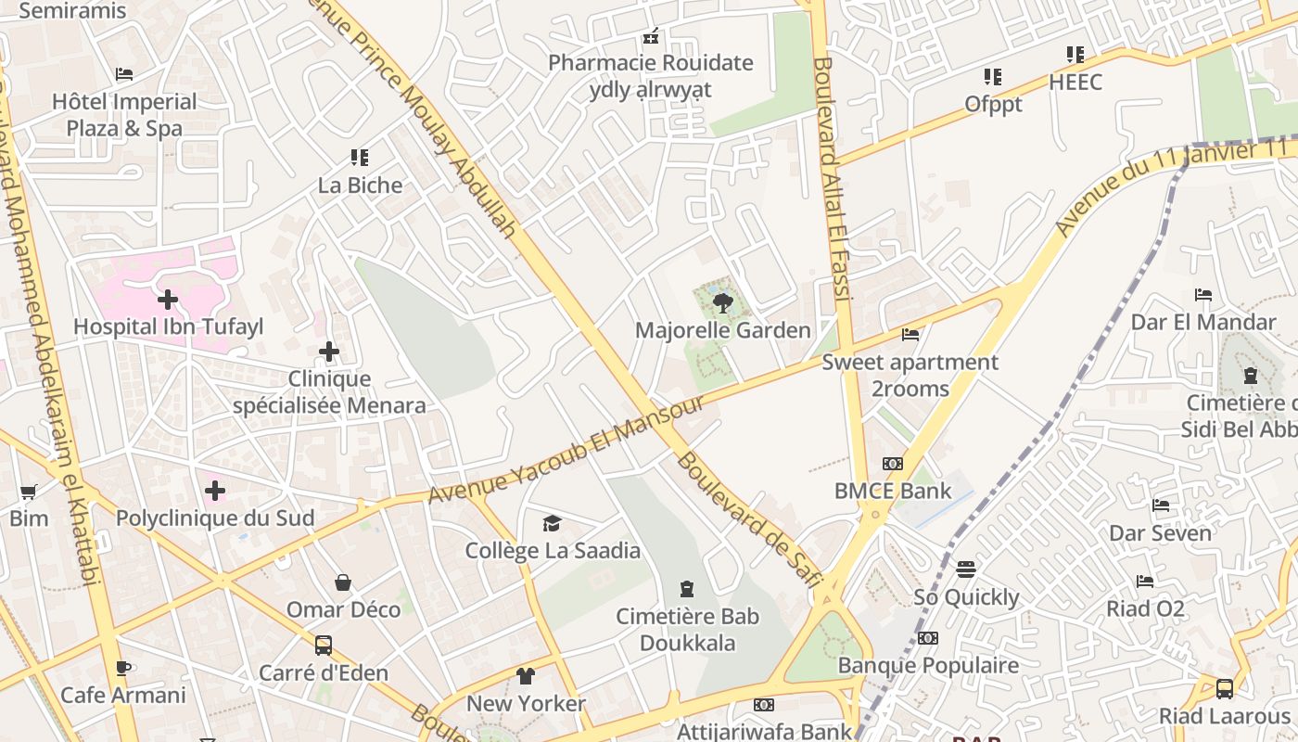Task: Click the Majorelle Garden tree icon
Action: click(723, 302)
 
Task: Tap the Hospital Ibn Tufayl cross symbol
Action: click(168, 300)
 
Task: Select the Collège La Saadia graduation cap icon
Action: click(553, 523)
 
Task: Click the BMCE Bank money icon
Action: click(893, 463)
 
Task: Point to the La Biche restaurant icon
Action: click(360, 158)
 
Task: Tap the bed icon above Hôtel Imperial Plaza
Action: click(124, 74)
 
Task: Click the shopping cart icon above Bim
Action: click(29, 492)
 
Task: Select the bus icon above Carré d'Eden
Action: click(324, 645)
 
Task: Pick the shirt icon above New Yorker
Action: click(526, 675)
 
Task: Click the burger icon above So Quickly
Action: click(966, 569)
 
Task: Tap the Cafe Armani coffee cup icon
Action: click(122, 667)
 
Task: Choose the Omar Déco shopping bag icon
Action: click(343, 582)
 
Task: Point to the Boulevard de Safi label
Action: click(749, 520)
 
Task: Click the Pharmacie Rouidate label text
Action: click(650, 63)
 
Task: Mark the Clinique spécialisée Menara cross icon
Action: click(329, 352)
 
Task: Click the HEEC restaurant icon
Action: click(1075, 55)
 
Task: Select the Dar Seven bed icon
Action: click(1161, 505)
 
